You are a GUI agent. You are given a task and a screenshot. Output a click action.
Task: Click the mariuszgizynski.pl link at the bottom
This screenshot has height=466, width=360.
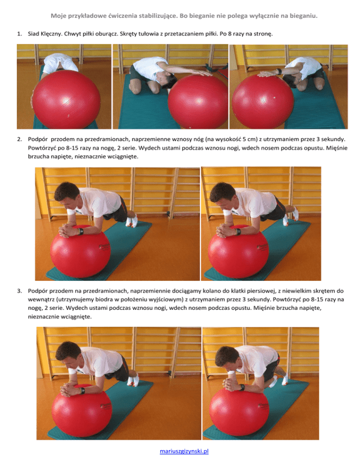click(184, 451)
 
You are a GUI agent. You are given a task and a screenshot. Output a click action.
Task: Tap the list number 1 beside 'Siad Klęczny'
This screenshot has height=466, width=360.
click(20, 34)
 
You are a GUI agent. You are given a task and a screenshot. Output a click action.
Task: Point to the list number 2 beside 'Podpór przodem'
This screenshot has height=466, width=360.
click(20, 139)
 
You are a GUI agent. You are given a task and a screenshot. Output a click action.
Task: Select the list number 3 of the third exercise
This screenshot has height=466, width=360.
click(20, 291)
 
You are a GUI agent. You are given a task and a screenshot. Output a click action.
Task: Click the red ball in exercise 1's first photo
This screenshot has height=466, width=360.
click(66, 99)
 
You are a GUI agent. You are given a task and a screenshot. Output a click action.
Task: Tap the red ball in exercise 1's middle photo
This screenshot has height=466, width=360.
click(198, 102)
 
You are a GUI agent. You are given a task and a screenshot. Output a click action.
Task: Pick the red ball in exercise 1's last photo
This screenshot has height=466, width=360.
click(263, 101)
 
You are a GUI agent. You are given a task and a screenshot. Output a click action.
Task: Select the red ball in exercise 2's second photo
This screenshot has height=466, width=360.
click(239, 253)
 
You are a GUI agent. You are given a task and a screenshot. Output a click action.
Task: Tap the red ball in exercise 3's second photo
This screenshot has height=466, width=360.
click(239, 411)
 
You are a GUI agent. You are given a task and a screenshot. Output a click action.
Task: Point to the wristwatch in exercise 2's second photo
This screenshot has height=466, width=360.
click(238, 232)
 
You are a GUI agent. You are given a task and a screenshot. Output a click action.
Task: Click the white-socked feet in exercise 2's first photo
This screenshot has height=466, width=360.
click(131, 220)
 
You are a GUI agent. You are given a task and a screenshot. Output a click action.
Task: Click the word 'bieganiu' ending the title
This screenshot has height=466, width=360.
click(304, 16)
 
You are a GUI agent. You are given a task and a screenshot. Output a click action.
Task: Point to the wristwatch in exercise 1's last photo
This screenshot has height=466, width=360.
click(279, 72)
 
